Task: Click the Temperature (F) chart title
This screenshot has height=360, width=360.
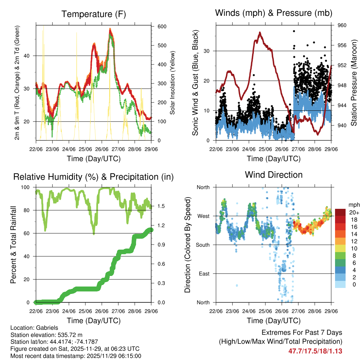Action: (94, 14)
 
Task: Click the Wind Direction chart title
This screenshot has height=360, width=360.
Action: (274, 174)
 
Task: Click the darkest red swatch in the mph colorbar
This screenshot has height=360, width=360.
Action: (340, 212)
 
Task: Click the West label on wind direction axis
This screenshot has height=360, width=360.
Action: (203, 216)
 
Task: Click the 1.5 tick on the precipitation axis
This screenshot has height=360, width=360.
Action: (157, 206)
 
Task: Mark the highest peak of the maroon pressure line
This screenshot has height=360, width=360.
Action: (260, 32)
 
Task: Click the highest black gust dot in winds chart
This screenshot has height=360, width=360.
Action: (294, 31)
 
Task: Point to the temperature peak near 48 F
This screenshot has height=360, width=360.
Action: (110, 29)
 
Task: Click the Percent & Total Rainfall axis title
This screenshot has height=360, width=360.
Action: (13, 245)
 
